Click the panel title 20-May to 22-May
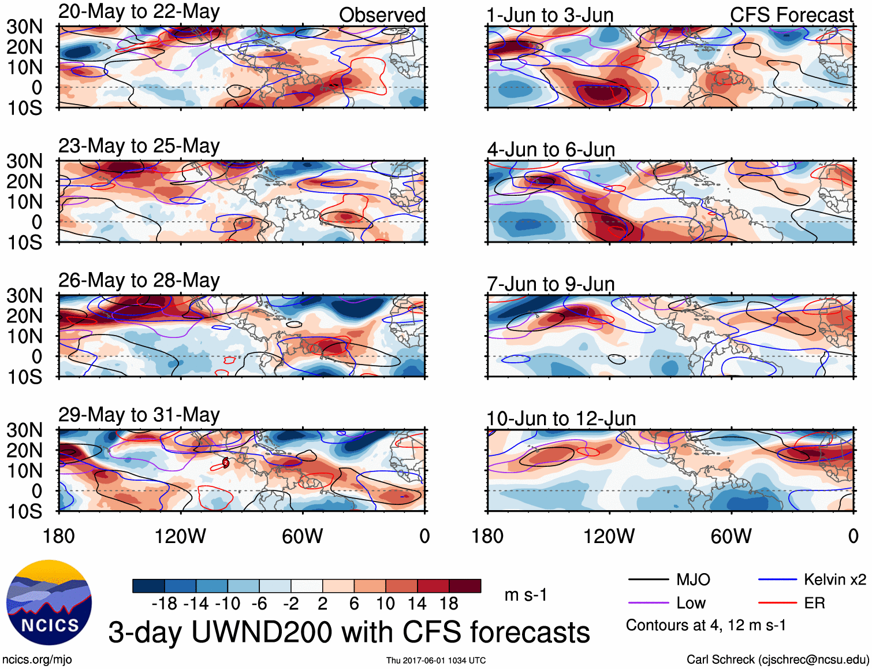click(x=139, y=12)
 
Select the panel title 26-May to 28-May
click(x=139, y=281)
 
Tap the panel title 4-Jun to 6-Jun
click(x=551, y=150)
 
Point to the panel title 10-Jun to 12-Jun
click(x=561, y=419)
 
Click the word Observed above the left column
click(x=382, y=15)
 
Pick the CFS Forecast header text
click(x=791, y=15)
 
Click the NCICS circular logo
click(x=49, y=603)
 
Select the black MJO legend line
click(x=648, y=579)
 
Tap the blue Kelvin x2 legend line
click(x=777, y=579)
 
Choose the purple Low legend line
click(x=648, y=603)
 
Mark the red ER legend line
click(x=777, y=603)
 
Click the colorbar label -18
click(x=165, y=604)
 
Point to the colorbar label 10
click(x=385, y=604)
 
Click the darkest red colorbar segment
click(x=465, y=586)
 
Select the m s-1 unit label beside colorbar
click(x=526, y=595)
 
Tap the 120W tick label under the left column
click(x=180, y=536)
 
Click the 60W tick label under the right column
click(x=731, y=536)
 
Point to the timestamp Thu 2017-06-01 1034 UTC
click(x=436, y=660)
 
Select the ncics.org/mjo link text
click(x=37, y=660)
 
